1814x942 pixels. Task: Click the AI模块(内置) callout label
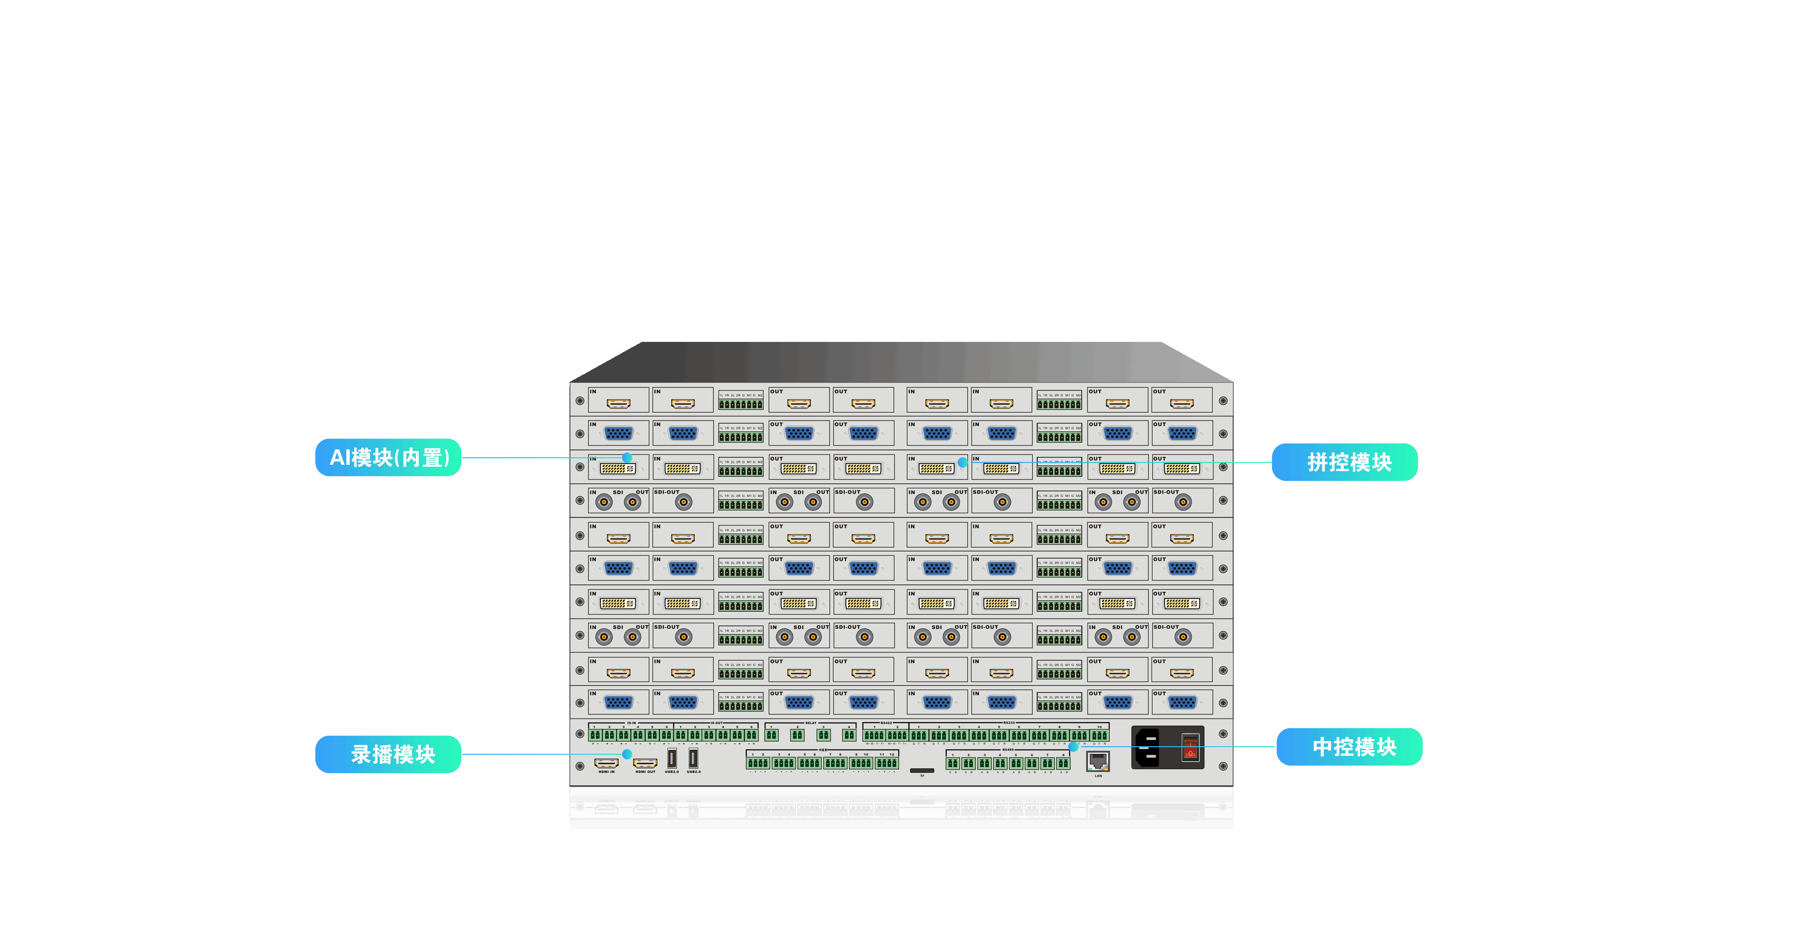(388, 457)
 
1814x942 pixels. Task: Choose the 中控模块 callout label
(1349, 747)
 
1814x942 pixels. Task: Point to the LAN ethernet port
(1098, 761)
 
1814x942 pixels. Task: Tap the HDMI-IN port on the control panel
(606, 763)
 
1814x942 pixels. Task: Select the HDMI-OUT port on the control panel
(645, 763)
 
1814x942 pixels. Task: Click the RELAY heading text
(811, 723)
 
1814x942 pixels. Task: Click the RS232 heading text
(1009, 723)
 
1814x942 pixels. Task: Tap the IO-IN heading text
(631, 723)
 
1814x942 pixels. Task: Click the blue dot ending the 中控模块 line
(1073, 746)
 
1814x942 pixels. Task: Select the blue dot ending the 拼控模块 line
(963, 462)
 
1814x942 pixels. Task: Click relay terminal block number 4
(849, 735)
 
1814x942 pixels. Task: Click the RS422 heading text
(886, 723)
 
